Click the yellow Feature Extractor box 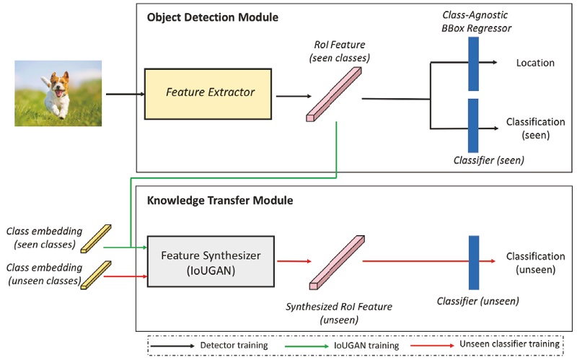tap(209, 93)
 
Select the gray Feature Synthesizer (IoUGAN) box tap(201, 261)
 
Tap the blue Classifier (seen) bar tap(473, 123)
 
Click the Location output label tap(535, 63)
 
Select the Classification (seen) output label tap(535, 128)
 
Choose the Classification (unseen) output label tap(535, 263)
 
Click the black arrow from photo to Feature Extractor tap(124, 94)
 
